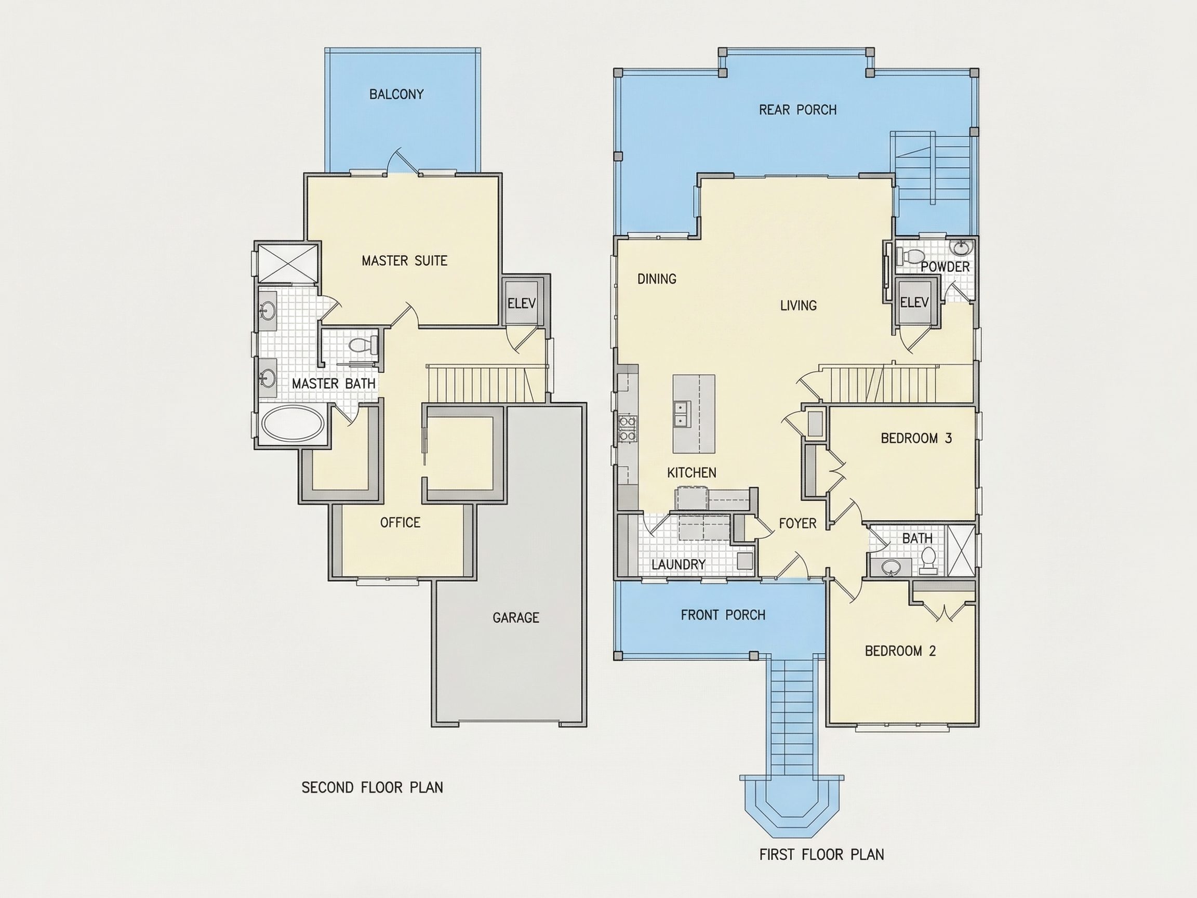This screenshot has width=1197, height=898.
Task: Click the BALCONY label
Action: click(x=396, y=94)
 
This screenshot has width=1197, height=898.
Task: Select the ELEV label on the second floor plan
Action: click(x=521, y=303)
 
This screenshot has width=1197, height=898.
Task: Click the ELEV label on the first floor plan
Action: click(x=914, y=302)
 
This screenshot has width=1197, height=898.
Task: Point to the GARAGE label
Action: click(x=516, y=617)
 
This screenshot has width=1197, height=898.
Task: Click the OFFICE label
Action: click(x=400, y=522)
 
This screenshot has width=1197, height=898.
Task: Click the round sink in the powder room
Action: click(x=961, y=248)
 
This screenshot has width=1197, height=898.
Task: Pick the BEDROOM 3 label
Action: click(x=916, y=438)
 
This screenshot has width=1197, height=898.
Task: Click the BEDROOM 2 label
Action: click(x=900, y=651)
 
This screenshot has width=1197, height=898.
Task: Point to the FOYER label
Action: click(x=797, y=523)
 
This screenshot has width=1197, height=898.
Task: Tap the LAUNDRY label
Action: click(x=678, y=564)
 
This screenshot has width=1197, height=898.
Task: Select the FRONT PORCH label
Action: click(x=723, y=615)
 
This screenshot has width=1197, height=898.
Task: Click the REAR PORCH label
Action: click(x=797, y=110)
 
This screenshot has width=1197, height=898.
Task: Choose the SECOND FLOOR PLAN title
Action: click(x=373, y=788)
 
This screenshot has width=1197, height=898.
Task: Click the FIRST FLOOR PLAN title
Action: click(x=821, y=855)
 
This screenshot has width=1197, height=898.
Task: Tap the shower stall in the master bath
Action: click(x=287, y=263)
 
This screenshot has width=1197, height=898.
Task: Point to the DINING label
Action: click(x=657, y=279)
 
